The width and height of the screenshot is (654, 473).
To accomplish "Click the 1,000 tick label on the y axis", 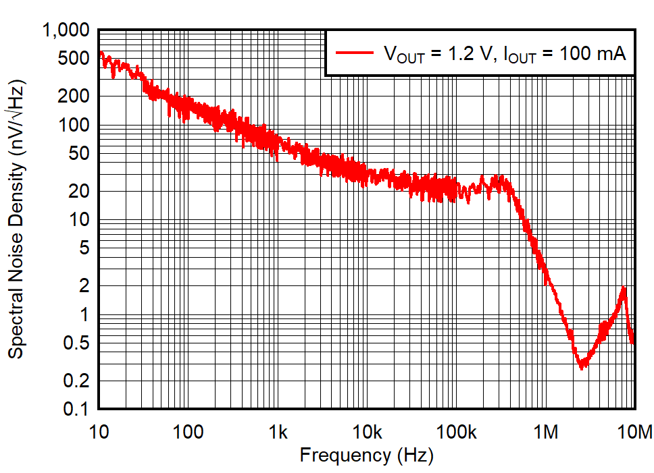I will (x=66, y=31).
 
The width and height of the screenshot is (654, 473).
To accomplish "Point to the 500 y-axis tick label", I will (x=74, y=59).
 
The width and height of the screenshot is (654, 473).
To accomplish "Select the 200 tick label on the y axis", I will (x=74, y=96).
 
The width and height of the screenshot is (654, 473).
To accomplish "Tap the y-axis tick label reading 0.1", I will (x=76, y=409).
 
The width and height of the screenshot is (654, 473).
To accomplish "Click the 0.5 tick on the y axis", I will (x=76, y=343).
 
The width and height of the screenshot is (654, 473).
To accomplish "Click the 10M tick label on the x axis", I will (x=634, y=433).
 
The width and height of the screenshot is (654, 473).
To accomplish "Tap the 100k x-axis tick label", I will (x=455, y=433).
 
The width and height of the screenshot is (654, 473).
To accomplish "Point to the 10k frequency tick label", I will (x=366, y=433).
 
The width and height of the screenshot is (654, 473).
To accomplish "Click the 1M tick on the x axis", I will (x=546, y=433).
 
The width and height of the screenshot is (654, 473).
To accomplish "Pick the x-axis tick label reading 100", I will (x=188, y=433).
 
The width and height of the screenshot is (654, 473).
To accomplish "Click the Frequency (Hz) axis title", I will (x=366, y=455).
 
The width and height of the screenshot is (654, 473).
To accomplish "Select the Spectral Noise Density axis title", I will (x=16, y=220).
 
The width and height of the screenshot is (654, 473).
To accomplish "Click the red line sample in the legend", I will (x=355, y=53).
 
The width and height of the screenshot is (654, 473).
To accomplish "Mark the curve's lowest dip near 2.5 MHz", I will (x=582, y=365).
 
